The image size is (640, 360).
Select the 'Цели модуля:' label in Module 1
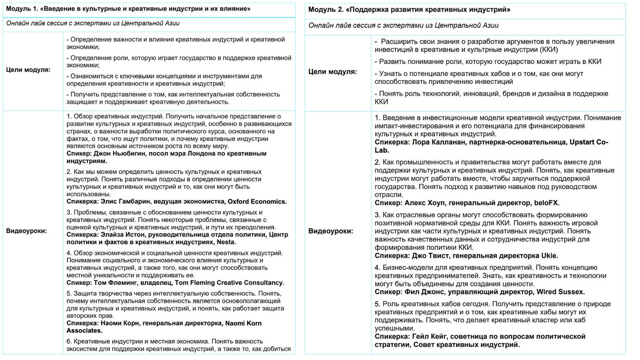[28, 70]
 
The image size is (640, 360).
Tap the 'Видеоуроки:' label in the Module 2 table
[330, 231]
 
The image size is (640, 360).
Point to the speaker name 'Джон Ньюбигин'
[120, 154]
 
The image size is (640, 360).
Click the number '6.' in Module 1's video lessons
[69, 341]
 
